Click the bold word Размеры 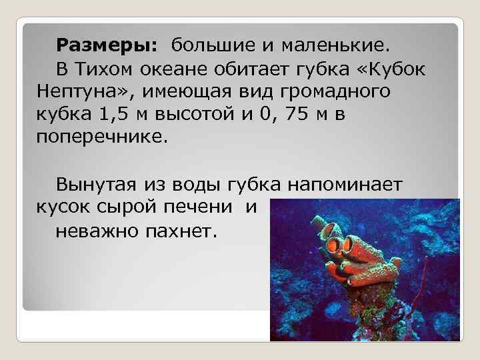click(x=107, y=46)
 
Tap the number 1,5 click(x=117, y=114)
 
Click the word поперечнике click(x=99, y=137)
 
